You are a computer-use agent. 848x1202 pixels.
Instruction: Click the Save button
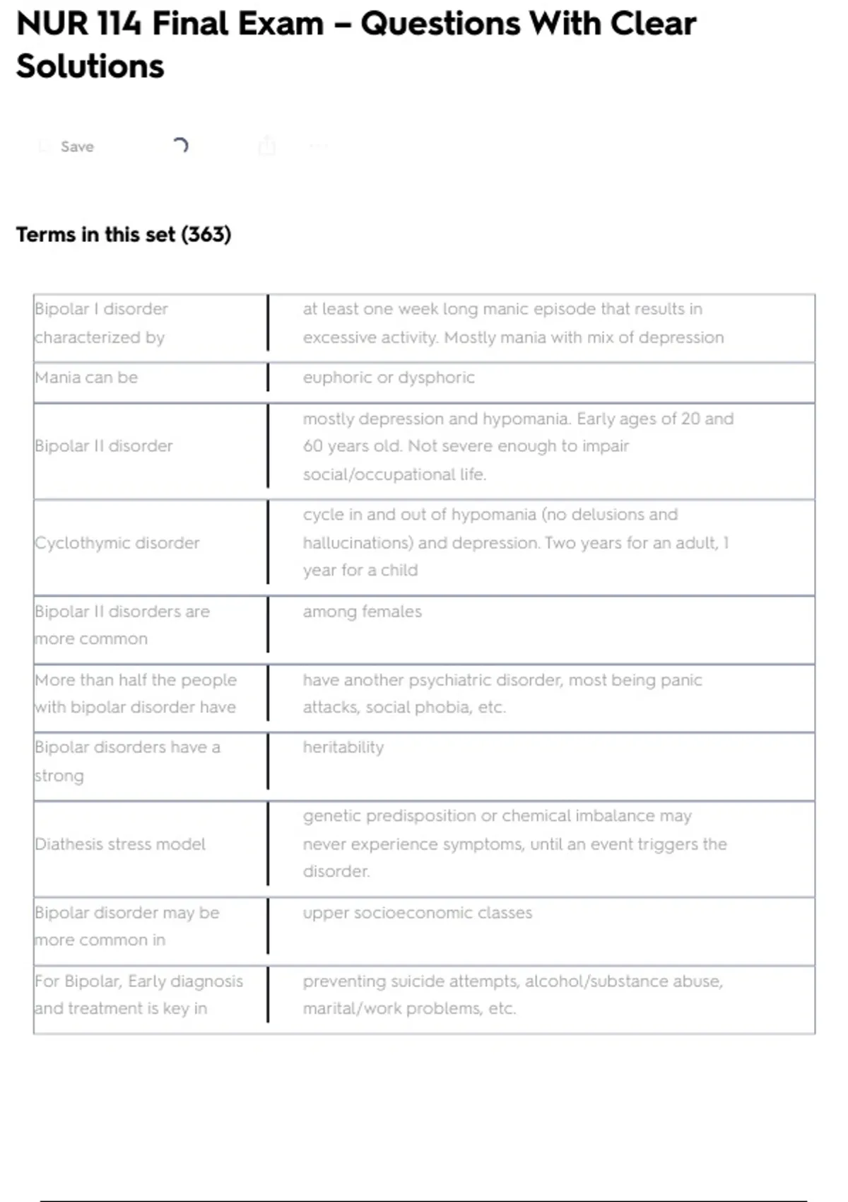76,146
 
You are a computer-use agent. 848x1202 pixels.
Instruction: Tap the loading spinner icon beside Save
180,146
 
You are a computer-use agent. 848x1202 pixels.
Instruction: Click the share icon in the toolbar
266,146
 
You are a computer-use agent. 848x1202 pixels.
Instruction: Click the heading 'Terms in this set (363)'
124,235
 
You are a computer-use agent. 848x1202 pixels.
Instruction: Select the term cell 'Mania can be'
86,378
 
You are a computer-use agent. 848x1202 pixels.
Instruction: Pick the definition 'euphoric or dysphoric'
389,378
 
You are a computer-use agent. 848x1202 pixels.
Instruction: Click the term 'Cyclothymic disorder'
117,543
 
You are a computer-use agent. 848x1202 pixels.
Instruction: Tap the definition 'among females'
362,612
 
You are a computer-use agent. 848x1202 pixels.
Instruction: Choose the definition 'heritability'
343,747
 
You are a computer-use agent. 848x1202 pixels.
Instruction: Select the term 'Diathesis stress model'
120,844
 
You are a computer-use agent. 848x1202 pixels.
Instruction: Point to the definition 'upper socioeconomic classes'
418,913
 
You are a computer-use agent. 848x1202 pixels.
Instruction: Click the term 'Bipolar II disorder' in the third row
104,446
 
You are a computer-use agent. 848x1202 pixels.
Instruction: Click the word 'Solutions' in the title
90,66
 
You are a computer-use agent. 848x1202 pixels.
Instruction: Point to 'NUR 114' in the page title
78,24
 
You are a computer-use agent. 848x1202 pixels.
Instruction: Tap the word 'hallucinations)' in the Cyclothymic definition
358,543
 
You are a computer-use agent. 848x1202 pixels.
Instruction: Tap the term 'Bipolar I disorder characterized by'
101,323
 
